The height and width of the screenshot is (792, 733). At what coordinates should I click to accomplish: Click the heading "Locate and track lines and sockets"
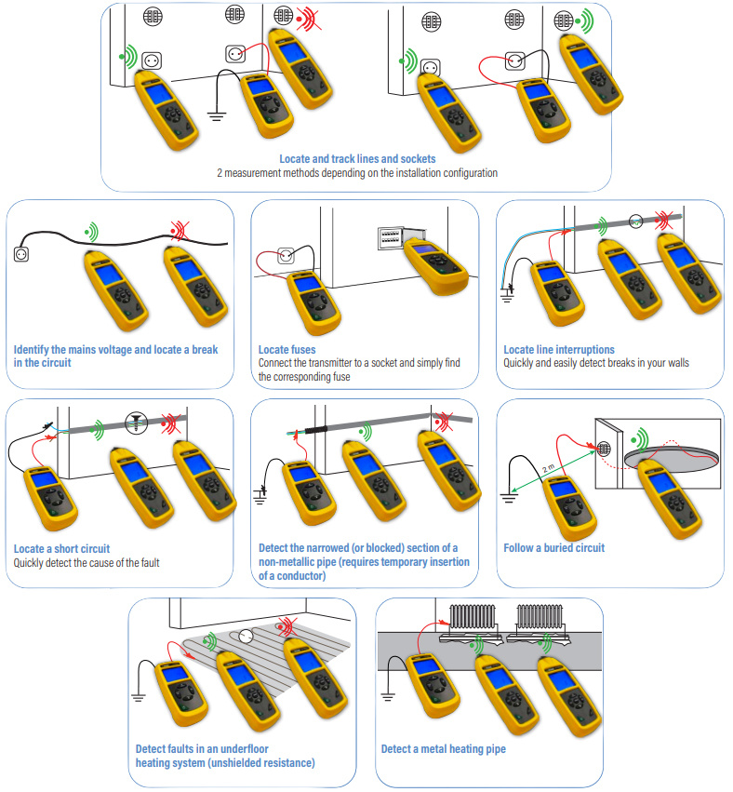(x=357, y=158)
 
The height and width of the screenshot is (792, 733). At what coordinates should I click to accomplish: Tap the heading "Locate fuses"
(x=287, y=350)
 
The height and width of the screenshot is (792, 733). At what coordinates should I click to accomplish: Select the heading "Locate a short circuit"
(x=61, y=548)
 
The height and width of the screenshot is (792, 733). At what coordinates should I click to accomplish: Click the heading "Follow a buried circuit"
(x=553, y=548)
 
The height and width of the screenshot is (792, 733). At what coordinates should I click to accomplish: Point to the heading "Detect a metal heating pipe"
(x=443, y=749)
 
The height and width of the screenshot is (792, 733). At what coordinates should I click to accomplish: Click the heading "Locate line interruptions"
(x=559, y=350)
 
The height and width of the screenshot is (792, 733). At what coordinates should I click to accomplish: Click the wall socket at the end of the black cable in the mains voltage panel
(x=21, y=253)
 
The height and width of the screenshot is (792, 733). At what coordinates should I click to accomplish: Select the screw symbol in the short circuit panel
(x=137, y=423)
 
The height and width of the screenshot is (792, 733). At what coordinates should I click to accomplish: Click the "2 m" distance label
(x=548, y=468)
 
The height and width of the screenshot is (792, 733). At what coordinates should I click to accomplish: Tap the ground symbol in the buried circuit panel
(x=509, y=499)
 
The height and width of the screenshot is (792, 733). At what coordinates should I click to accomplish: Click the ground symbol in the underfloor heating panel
(x=139, y=698)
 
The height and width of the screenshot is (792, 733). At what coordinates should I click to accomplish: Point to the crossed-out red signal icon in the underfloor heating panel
(x=287, y=627)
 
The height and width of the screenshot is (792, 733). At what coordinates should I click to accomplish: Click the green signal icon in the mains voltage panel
(x=92, y=233)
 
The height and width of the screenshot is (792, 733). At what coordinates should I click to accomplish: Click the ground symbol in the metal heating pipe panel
(x=388, y=698)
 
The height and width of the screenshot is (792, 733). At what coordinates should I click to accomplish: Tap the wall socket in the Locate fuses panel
(x=287, y=256)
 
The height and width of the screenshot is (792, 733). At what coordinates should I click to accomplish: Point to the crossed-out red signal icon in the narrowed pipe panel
(x=443, y=422)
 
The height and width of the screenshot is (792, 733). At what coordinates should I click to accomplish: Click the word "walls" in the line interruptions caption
(x=676, y=363)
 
